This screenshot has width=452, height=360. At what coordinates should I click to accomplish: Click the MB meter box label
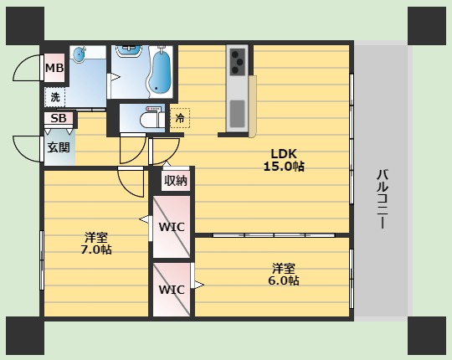click(54, 68)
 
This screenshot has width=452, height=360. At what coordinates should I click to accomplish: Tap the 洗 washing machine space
click(54, 97)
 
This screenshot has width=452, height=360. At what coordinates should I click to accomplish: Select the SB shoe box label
click(59, 118)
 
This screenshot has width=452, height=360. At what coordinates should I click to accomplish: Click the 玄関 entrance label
click(59, 147)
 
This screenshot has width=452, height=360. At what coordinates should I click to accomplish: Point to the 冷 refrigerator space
click(180, 118)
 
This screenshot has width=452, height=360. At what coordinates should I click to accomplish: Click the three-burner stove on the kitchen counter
click(238, 62)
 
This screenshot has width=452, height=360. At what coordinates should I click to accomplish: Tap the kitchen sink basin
click(237, 114)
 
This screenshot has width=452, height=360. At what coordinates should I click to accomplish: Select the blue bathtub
click(160, 72)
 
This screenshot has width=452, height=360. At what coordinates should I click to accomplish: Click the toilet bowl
click(150, 120)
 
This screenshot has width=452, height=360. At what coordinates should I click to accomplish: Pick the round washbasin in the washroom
click(79, 54)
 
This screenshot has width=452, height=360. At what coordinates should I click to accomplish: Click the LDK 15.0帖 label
click(284, 160)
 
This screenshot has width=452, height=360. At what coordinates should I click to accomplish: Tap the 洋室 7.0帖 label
click(96, 244)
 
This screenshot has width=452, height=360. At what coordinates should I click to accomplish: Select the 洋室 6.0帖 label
click(284, 275)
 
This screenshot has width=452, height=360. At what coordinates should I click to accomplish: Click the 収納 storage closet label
click(176, 181)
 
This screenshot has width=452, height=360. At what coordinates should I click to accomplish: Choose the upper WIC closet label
click(172, 227)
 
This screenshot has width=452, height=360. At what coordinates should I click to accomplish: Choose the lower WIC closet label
click(172, 290)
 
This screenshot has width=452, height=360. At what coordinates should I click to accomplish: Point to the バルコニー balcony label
click(383, 199)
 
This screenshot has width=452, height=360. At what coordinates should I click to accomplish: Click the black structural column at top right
click(427, 26)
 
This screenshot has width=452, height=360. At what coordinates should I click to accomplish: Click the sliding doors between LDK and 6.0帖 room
click(273, 235)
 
